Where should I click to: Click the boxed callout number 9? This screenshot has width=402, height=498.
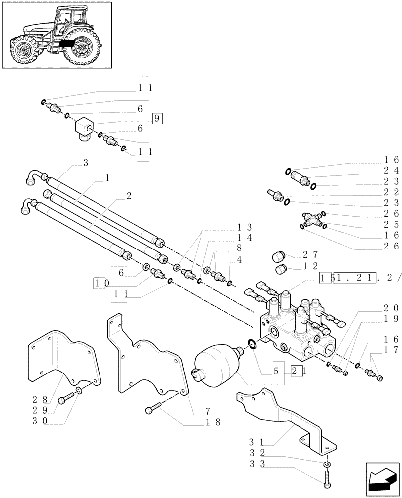coord(157,118)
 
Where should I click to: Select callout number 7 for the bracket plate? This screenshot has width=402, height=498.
coord(207,411)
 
